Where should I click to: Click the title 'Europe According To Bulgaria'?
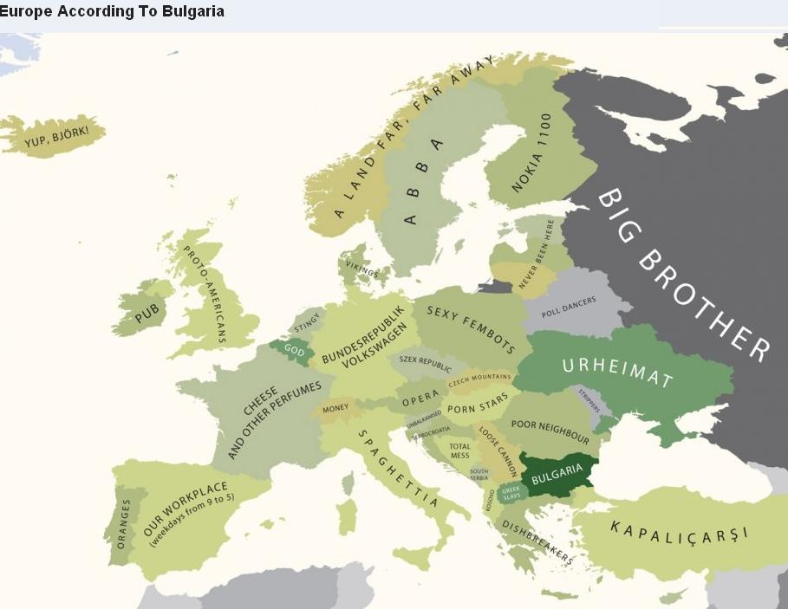pos(112,11)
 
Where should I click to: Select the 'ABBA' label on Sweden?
pos(423,181)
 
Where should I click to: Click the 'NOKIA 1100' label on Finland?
pos(531,153)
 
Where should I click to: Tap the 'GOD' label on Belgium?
pos(294,352)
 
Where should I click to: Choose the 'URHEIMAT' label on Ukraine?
pos(617,373)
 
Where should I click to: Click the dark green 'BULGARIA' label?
pos(557,474)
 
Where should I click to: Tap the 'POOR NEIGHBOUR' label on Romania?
pos(550,431)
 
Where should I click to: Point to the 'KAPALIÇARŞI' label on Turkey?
pos(679,530)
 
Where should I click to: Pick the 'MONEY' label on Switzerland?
pos(335,408)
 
